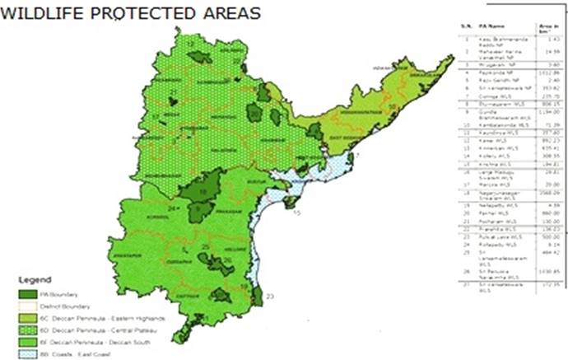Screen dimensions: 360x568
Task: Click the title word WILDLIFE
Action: pyautogui.click(x=37, y=14)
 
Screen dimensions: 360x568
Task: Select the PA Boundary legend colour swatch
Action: pyautogui.click(x=27, y=294)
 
